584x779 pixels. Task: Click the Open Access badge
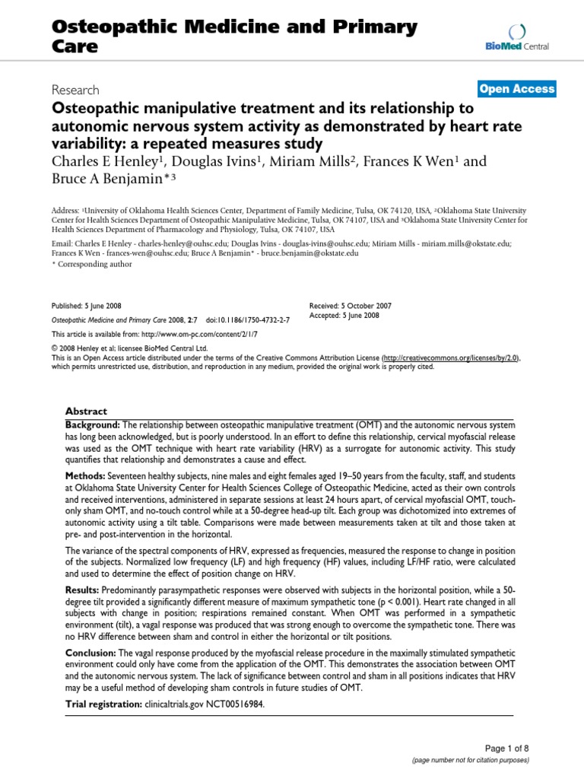click(x=517, y=89)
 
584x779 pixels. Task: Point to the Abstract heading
click(x=85, y=410)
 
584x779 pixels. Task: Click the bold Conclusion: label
click(x=90, y=653)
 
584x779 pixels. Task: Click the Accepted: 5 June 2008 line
click(x=344, y=316)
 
